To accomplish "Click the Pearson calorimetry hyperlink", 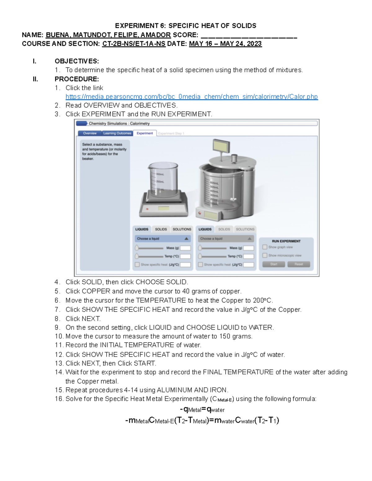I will coord(191,97).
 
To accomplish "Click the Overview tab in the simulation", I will coord(90,133).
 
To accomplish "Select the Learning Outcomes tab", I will coord(117,133).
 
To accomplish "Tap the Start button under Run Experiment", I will coord(273,264).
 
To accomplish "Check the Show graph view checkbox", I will coord(265,247).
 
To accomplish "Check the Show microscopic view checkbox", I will coord(265,256).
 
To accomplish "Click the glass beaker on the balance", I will coord(163,178).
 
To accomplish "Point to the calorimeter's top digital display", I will coord(221,146).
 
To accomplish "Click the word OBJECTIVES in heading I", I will coord(77,61).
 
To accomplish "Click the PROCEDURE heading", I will coord(77,79).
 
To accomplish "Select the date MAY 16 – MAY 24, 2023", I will coord(225,44).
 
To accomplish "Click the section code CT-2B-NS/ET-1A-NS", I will coord(134,44).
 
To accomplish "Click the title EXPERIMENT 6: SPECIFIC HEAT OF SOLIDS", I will coord(185,26).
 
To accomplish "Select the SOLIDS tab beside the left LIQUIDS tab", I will coord(161,229).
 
